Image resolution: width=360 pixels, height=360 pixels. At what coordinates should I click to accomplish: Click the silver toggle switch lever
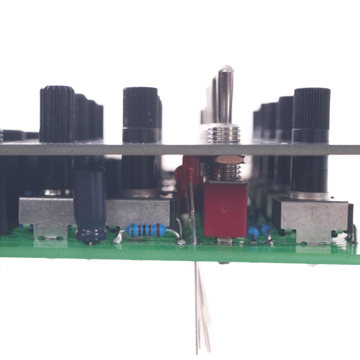[225, 97]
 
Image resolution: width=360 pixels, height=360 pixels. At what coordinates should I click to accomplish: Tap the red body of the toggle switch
[225, 209]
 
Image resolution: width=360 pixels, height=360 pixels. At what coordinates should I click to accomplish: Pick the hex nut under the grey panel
[230, 159]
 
